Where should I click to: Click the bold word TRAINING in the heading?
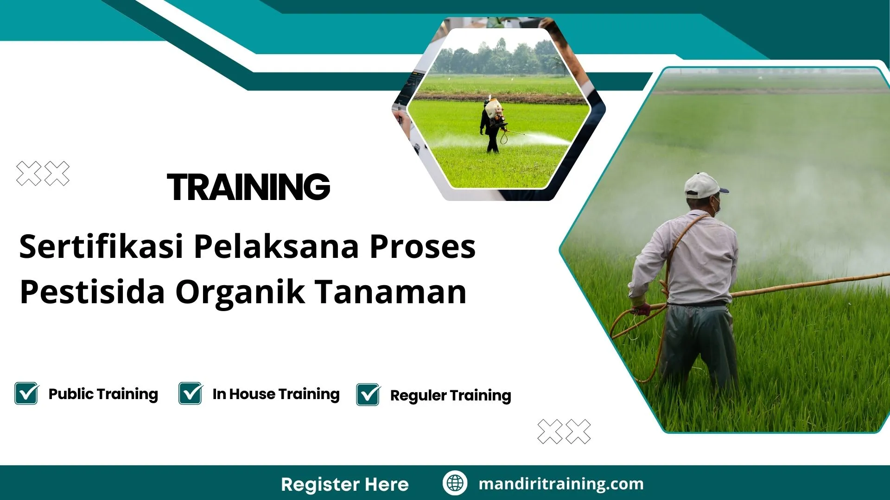(248, 187)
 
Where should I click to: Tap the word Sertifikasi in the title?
(101, 246)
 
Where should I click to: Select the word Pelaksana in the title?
(276, 246)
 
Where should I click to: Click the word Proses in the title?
(422, 246)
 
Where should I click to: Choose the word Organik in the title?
(240, 293)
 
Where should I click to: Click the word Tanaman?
(391, 292)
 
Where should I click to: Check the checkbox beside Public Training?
(26, 394)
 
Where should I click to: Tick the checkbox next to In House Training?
(191, 394)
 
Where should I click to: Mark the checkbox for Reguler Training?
(368, 394)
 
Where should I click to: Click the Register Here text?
(345, 484)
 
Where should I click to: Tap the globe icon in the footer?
(455, 483)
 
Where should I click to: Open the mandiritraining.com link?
(561, 484)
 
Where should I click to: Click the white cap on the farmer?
(702, 185)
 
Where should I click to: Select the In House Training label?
(276, 394)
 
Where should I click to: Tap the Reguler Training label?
(451, 395)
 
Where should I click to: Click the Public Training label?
(103, 394)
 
